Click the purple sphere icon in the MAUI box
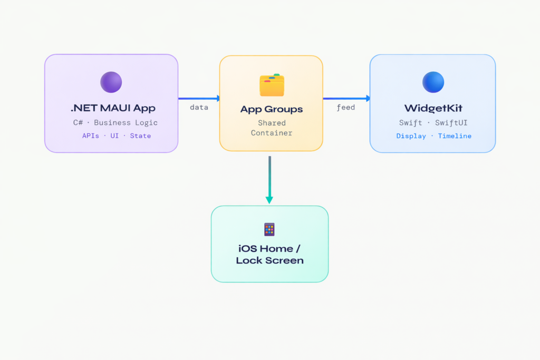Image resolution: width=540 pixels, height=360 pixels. pyautogui.click(x=111, y=82)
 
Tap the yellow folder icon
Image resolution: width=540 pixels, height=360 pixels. pyautogui.click(x=272, y=85)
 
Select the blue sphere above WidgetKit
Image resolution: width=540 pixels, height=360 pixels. pyautogui.click(x=433, y=82)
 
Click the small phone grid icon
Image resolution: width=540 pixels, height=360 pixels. pyautogui.click(x=269, y=229)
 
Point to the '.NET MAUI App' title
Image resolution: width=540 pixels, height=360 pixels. pyautogui.click(x=113, y=109)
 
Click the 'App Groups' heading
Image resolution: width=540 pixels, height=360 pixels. pyautogui.click(x=272, y=110)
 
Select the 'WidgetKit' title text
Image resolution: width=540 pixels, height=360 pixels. pyautogui.click(x=433, y=109)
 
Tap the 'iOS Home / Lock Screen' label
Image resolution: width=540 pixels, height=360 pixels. pyautogui.click(x=269, y=254)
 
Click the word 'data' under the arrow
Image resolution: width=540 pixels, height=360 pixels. pyautogui.click(x=199, y=108)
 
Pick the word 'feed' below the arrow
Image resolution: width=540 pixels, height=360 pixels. pyautogui.click(x=345, y=108)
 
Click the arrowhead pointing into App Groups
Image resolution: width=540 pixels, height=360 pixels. pyautogui.click(x=217, y=98)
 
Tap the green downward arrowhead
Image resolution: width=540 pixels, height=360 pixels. pyautogui.click(x=269, y=200)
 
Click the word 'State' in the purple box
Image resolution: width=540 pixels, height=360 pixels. pyautogui.click(x=140, y=136)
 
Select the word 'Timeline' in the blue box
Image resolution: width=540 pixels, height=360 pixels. pyautogui.click(x=455, y=136)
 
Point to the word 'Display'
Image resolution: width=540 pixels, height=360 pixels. pyautogui.click(x=411, y=136)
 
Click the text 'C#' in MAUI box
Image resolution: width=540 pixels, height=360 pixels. pyautogui.click(x=78, y=123)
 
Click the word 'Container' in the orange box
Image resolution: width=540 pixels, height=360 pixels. pyautogui.click(x=272, y=133)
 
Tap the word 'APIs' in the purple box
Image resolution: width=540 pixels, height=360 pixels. pyautogui.click(x=90, y=136)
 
